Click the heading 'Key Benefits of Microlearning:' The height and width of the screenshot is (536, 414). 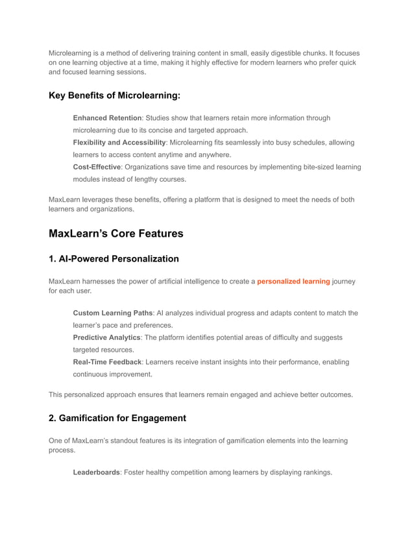click(x=114, y=96)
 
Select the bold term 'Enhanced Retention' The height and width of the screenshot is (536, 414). click(x=107, y=118)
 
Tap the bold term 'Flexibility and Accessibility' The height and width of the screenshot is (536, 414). click(x=119, y=142)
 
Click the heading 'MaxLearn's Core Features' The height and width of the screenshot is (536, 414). click(x=116, y=233)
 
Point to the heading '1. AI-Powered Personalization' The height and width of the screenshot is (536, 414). click(x=114, y=259)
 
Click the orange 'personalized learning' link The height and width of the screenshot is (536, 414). click(x=293, y=282)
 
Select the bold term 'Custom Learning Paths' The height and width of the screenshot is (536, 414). click(x=112, y=313)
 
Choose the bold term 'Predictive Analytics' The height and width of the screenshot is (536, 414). click(x=106, y=337)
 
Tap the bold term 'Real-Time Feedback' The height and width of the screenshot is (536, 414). click(x=106, y=362)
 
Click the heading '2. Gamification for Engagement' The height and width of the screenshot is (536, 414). click(x=117, y=418)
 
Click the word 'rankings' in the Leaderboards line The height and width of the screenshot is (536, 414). click(x=316, y=472)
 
